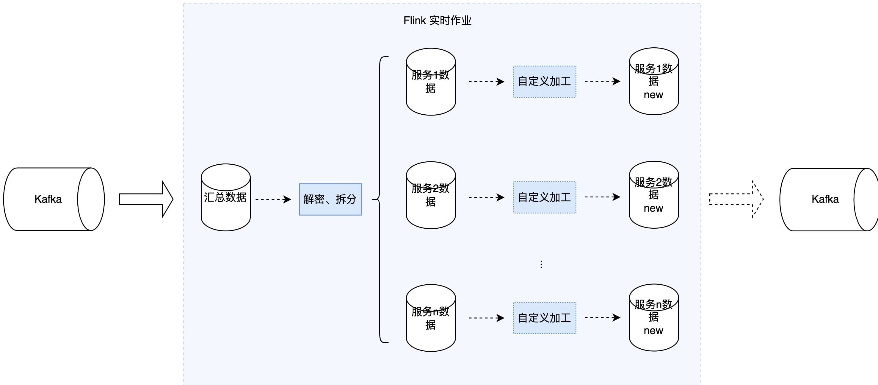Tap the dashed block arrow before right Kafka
pos(736,199)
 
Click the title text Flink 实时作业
pos(437,21)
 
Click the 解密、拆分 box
pos(330,199)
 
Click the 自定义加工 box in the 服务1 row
pos(545,82)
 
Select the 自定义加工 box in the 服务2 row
pos(545,197)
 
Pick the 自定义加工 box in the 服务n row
pos(545,318)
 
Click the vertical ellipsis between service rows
pos(541,264)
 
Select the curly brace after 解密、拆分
pos(380,199)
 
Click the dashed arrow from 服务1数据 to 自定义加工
pos(486,82)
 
